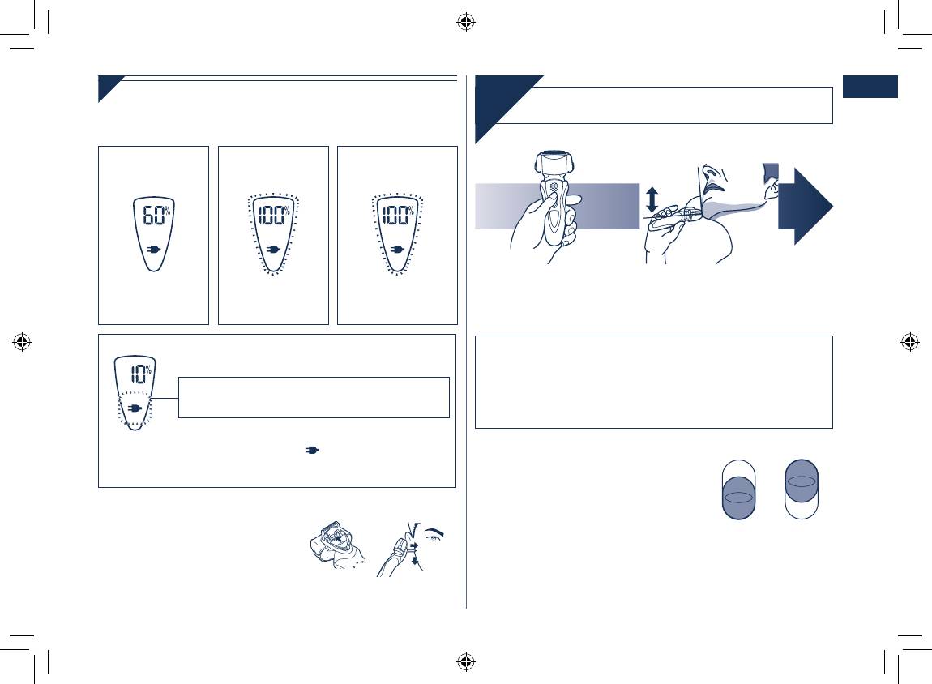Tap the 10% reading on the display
point(141,373)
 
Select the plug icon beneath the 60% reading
point(154,249)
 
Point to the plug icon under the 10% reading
point(135,408)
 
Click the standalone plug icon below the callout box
point(312,450)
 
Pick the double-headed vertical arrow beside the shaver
point(652,199)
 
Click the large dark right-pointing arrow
point(806,206)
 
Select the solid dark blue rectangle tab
point(870,87)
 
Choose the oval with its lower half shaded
point(739,489)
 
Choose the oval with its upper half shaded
point(802,489)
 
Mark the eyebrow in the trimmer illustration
point(436,531)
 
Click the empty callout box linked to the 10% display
point(314,398)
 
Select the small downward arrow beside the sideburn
point(415,560)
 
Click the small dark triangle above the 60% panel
point(111,89)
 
